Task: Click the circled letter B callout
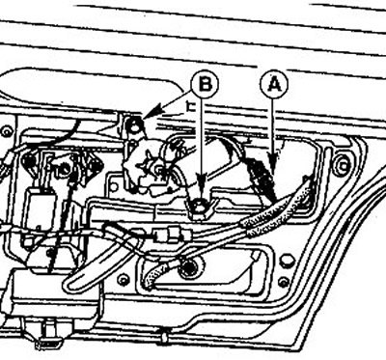click(x=205, y=85)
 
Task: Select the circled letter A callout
click(x=273, y=85)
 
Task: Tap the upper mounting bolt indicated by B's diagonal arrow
click(x=134, y=125)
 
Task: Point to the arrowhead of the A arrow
click(x=273, y=164)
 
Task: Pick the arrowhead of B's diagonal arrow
click(x=152, y=113)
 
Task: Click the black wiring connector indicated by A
click(x=263, y=179)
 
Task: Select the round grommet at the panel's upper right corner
click(x=342, y=165)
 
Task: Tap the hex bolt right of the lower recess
click(x=288, y=262)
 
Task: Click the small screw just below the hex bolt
click(x=284, y=282)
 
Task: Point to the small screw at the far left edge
click(x=6, y=132)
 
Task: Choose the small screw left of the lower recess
click(x=124, y=280)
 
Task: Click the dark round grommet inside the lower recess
click(x=188, y=266)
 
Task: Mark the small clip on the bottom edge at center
click(x=164, y=337)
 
